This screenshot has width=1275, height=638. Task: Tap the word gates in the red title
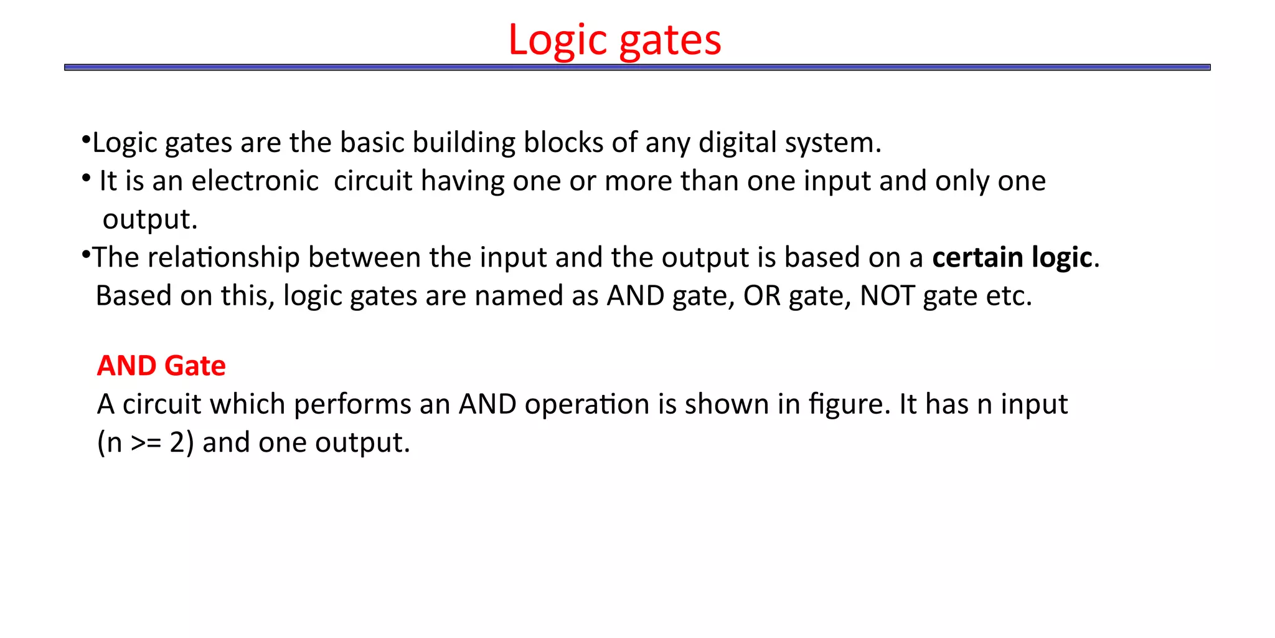click(x=670, y=41)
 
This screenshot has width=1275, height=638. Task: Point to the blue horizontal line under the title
click(x=637, y=67)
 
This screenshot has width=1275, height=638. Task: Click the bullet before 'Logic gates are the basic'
click(x=87, y=138)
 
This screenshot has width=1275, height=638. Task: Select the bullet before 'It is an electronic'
click(x=87, y=178)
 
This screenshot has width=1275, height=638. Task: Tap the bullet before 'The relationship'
click(x=87, y=254)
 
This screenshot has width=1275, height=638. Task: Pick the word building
click(x=464, y=143)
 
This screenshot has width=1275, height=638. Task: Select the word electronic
click(x=255, y=181)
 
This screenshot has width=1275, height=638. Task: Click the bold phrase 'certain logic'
click(x=1012, y=257)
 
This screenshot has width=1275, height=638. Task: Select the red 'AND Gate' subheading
click(x=161, y=366)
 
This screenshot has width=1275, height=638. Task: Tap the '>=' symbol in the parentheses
click(x=146, y=443)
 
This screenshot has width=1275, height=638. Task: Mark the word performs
click(x=352, y=404)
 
